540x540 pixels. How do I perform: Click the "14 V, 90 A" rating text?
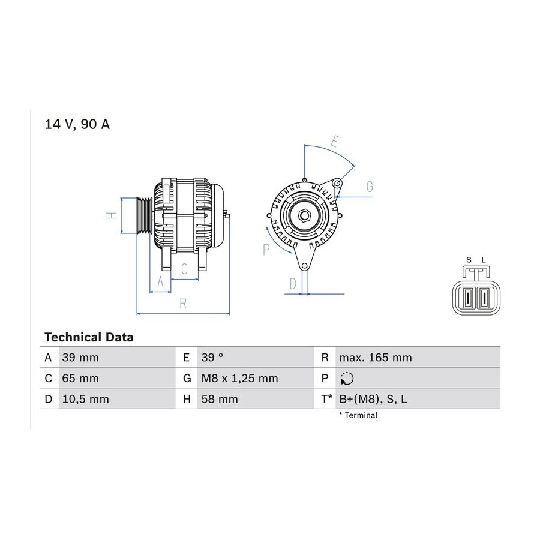(77, 124)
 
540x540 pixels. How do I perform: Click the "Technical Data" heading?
(89, 337)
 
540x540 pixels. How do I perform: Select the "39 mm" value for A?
(80, 358)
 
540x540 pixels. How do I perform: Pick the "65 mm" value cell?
(80, 378)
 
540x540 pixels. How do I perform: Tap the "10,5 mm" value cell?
(85, 399)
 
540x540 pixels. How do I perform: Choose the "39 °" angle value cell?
(212, 358)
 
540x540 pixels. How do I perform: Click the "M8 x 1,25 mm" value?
(239, 378)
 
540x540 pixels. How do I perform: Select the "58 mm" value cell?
(220, 399)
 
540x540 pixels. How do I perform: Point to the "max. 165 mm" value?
(376, 358)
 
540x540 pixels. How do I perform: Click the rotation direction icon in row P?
(347, 378)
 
